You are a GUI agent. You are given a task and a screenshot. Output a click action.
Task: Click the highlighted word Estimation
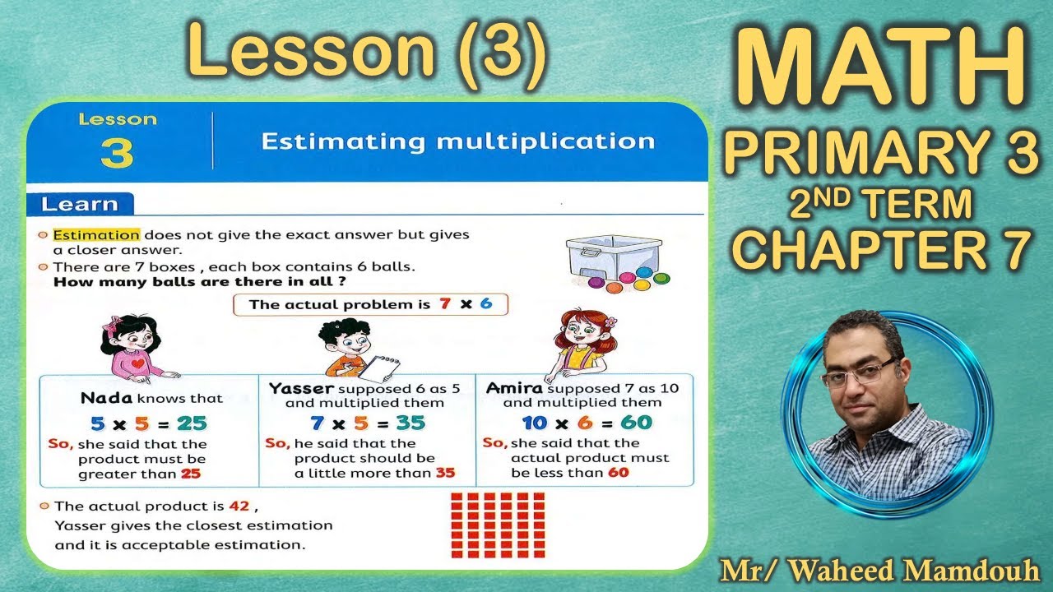[96, 235]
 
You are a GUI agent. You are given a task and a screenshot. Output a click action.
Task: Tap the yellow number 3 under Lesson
[117, 153]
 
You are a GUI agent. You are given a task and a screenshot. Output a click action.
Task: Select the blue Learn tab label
[80, 205]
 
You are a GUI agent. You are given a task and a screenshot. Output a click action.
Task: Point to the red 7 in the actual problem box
[445, 303]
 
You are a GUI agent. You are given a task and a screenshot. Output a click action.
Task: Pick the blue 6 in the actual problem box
[486, 303]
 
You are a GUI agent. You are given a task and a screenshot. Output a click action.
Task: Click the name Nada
[107, 398]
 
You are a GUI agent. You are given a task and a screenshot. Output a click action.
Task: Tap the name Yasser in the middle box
[301, 389]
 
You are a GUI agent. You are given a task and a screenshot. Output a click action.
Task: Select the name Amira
[514, 388]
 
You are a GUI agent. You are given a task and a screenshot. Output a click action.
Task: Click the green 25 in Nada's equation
[192, 423]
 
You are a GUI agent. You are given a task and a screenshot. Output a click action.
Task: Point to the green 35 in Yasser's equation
[411, 423]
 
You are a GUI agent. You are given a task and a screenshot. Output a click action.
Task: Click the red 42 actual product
[239, 506]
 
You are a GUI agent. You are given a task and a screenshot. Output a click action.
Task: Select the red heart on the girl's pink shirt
[137, 363]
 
